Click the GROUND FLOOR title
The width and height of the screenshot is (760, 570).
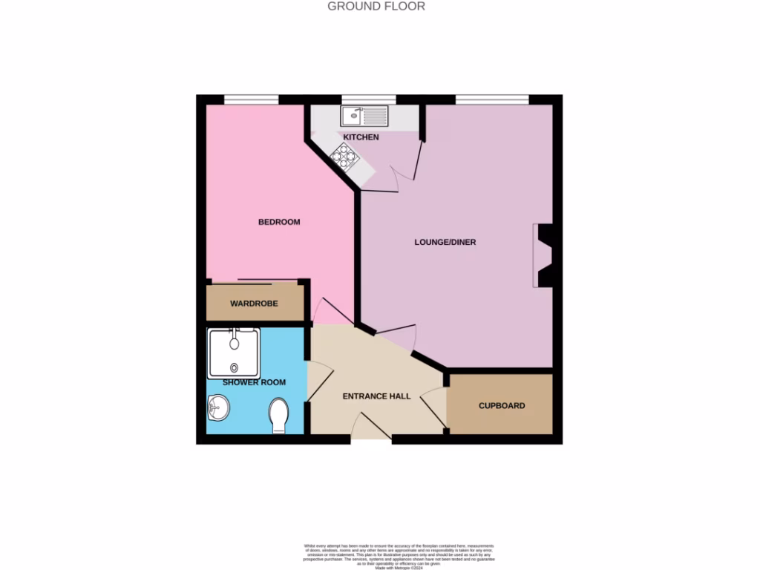pos(376,7)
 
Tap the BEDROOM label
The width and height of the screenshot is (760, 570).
pos(279,222)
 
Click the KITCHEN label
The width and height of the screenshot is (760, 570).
pos(361,137)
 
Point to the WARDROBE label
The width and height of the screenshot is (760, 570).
pos(254,304)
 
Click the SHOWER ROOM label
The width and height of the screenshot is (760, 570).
pos(255,382)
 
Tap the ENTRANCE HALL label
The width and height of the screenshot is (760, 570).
pos(376,396)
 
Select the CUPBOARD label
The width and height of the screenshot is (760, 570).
pos(502,406)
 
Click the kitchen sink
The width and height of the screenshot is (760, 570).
pos(364,116)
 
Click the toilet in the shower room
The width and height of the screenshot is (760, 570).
pos(279,415)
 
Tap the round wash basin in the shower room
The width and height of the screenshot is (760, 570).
pos(218,407)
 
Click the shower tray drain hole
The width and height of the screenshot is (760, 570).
pos(235,367)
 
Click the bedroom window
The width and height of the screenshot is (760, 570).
pos(252,99)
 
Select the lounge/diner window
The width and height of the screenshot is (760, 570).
pos(491,99)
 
